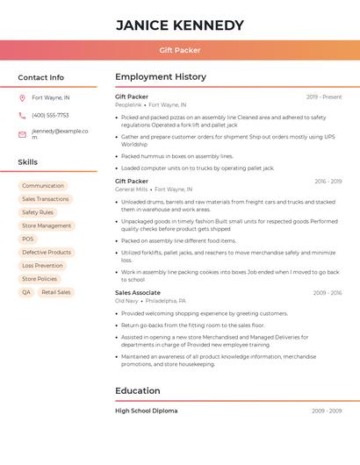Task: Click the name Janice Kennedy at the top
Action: pos(179,25)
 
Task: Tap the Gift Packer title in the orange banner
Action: pos(179,50)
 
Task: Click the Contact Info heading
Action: pos(40,77)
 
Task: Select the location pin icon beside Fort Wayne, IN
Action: pos(22,98)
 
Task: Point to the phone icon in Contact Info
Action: pos(22,115)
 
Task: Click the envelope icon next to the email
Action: pos(22,134)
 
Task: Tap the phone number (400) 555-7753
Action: pos(50,115)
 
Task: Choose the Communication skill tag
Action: pos(43,186)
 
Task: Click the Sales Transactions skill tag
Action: pos(46,199)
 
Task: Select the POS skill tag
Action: pos(28,239)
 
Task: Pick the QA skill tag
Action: pos(26,292)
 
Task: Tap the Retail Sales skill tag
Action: pos(56,292)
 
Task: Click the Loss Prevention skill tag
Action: pos(42,265)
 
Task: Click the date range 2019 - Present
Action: pos(323,97)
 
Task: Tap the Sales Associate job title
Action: pos(138,292)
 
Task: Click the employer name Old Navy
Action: pos(126,300)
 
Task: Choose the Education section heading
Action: pos(138,390)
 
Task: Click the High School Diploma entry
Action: pos(146,411)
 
